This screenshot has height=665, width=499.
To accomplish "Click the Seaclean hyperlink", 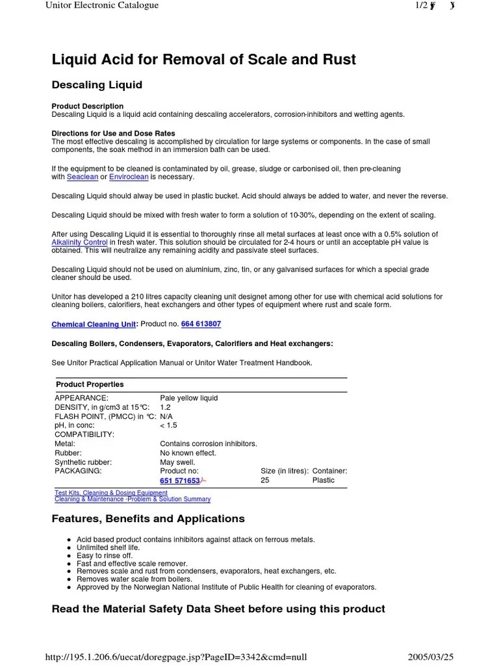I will [83, 177].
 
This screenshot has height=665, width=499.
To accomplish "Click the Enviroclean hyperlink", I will [129, 177].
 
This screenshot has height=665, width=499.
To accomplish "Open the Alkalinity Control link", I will [79, 242].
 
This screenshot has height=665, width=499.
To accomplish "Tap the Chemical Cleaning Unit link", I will [94, 324].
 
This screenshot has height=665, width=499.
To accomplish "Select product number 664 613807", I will [201, 323].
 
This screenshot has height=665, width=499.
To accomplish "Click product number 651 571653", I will [180, 481].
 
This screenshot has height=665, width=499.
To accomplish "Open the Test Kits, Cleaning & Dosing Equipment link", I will [111, 493].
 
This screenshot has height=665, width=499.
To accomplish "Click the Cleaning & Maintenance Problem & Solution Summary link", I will [133, 499].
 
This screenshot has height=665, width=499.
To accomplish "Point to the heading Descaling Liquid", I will [97, 85].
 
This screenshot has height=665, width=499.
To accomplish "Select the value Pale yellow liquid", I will [188, 398].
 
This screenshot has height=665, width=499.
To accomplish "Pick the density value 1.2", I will [165, 407].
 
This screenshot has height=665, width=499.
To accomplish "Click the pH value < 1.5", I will [168, 425].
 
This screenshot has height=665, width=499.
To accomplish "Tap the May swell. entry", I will [177, 462].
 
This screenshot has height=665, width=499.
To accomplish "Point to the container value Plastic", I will [323, 481].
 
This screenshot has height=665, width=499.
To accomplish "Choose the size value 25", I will [265, 481].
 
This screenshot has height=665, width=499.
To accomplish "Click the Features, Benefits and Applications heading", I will [148, 518].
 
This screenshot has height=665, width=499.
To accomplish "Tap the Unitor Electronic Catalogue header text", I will [102, 5].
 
